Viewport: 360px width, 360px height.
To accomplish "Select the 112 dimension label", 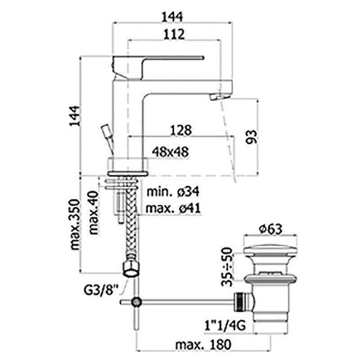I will pos(174,34).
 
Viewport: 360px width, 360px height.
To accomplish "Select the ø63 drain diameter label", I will pos(270,229).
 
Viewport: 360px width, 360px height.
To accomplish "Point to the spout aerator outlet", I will pos(218,97).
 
